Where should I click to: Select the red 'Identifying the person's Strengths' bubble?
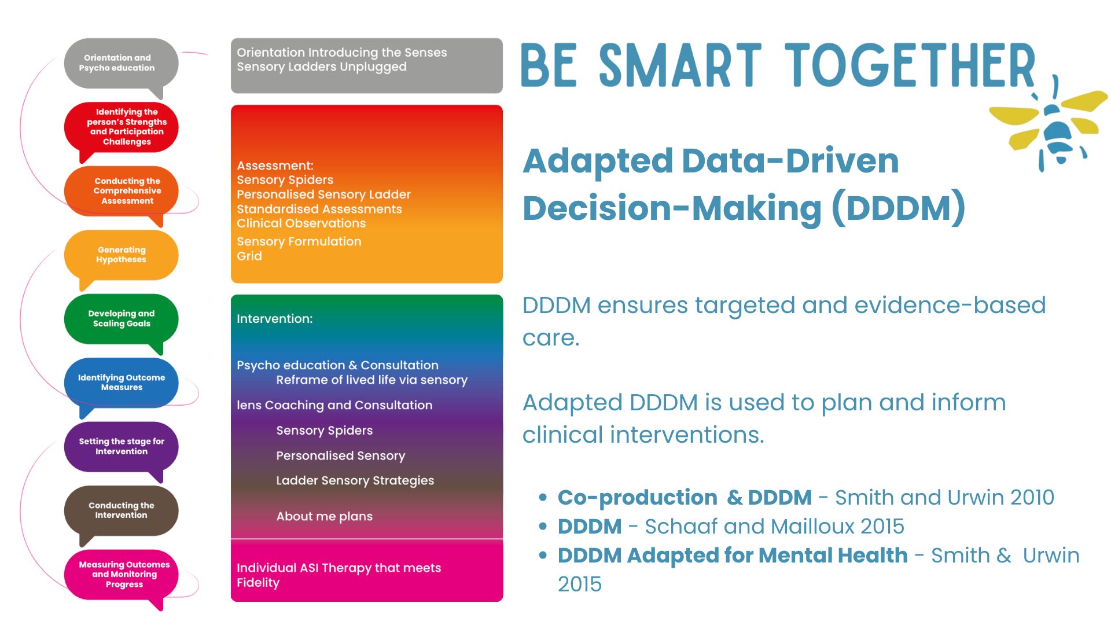coord(122,127)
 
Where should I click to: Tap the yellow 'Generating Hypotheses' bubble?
coord(122,255)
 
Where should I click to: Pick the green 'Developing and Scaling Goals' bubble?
coord(122,319)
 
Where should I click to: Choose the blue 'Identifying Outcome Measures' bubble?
coord(122,383)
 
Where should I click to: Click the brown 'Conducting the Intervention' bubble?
coord(122,510)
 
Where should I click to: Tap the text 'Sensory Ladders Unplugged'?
coord(321,67)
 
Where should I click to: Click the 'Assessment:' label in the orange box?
coord(275,166)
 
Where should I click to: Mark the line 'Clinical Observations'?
coord(301,223)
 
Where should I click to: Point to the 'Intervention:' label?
coord(274,319)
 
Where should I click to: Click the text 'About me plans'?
coord(324,516)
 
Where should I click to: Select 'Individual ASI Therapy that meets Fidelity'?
coord(339,575)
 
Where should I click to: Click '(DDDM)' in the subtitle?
coord(898,208)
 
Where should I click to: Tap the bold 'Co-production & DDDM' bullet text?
coord(684,498)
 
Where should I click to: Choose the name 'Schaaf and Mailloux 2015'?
coord(774,527)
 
